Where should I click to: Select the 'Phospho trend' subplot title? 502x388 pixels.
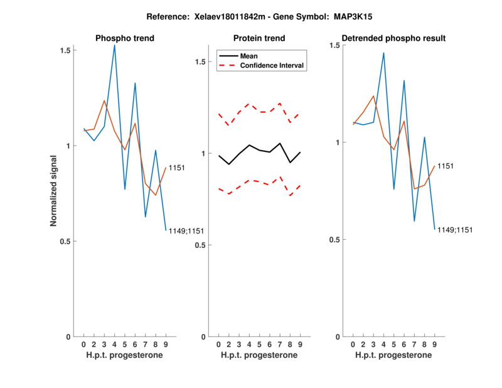pyautogui.click(x=124, y=38)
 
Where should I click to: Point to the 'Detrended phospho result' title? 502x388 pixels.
pyautogui.click(x=393, y=38)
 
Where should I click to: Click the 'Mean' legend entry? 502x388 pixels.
pyautogui.click(x=248, y=56)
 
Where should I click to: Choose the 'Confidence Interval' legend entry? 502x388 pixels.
pyautogui.click(x=272, y=65)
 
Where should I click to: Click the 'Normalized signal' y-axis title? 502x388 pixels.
pyautogui.click(x=54, y=191)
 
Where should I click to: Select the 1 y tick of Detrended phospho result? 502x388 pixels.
pyautogui.click(x=336, y=143)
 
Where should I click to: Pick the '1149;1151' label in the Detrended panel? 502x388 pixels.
pyautogui.click(x=454, y=230)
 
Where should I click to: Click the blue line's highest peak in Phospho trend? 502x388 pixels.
pyautogui.click(x=114, y=45)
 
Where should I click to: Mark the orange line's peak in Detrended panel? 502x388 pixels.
pyautogui.click(x=373, y=96)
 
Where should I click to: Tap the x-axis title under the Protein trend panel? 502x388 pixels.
pyautogui.click(x=259, y=355)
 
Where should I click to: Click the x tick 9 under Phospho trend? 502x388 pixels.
pyautogui.click(x=166, y=344)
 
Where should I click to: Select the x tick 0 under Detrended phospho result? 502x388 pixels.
pyautogui.click(x=353, y=344)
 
